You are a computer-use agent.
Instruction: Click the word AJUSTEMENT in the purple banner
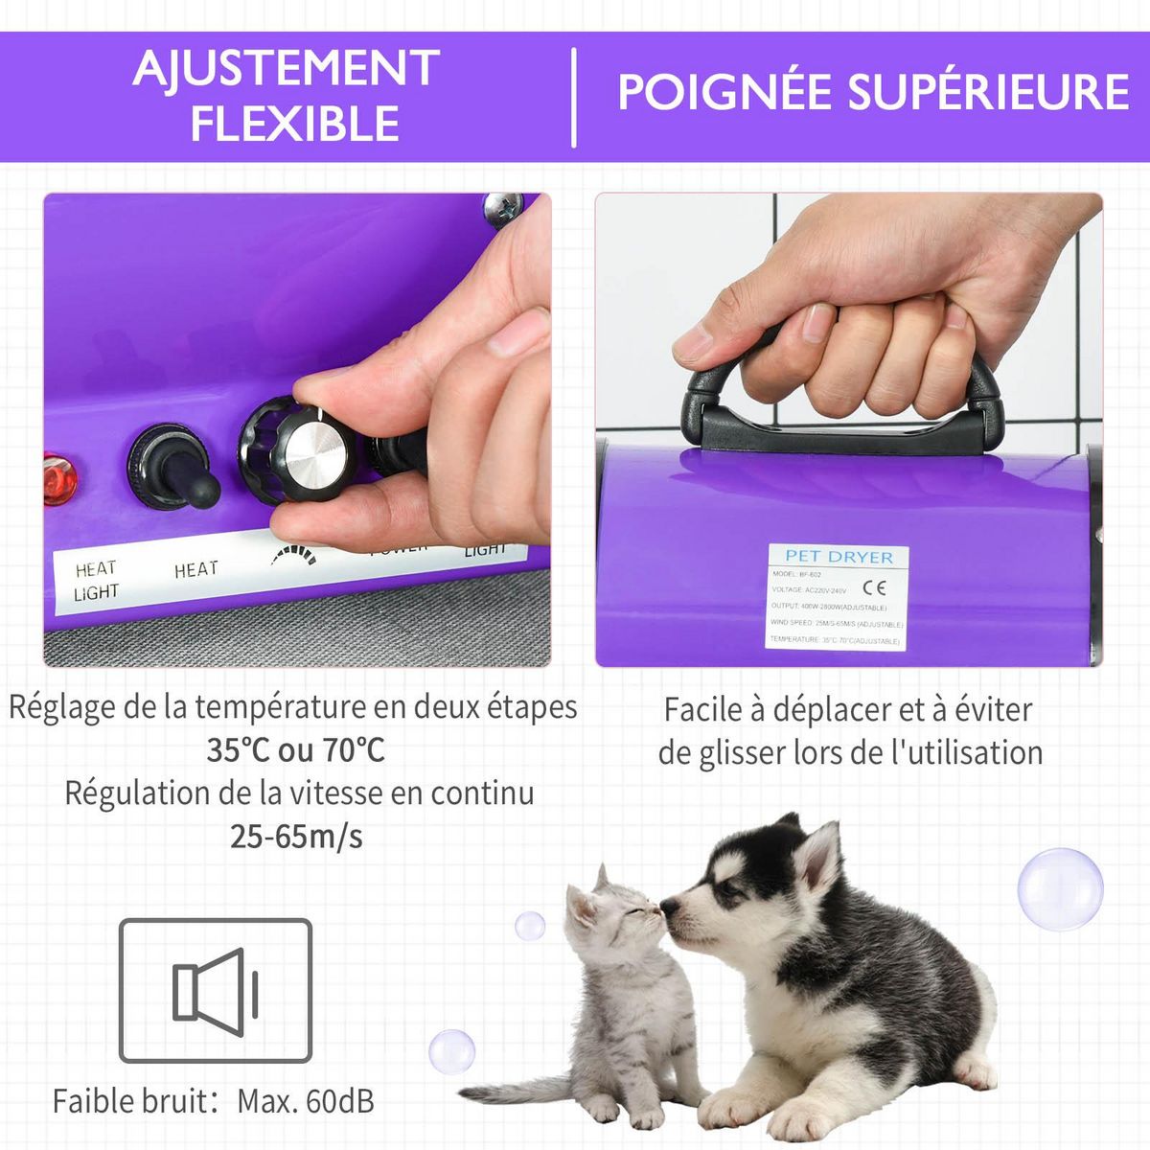coord(286,69)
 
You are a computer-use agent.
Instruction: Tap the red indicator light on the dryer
coord(60,478)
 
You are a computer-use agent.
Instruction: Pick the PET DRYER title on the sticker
coord(839,556)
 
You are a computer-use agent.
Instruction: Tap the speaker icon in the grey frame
coord(216,991)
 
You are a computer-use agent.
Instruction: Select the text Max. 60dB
coord(306,1101)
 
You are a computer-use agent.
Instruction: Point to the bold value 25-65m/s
coord(296,837)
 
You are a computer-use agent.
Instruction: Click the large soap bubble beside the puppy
coord(1059,888)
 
